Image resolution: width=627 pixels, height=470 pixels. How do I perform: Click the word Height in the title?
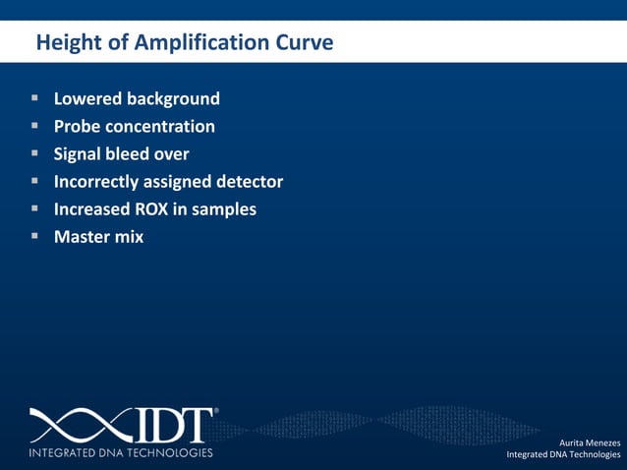64,43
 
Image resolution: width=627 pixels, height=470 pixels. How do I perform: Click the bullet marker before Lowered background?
34,98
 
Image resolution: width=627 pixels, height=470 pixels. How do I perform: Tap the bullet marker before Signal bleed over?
34,153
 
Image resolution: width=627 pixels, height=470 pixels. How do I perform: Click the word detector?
247,182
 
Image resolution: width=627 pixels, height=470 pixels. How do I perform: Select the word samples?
225,209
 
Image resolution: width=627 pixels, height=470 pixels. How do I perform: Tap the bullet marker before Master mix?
34,236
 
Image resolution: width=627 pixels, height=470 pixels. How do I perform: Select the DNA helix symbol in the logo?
73,425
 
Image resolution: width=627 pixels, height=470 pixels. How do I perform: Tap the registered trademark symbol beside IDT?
215,411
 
